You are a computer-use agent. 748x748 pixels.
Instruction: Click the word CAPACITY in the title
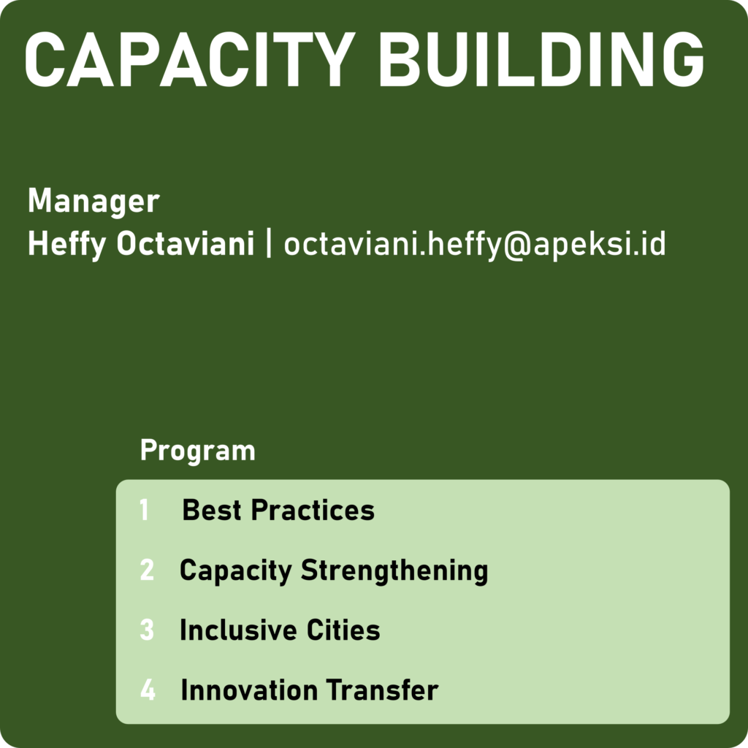[190, 59]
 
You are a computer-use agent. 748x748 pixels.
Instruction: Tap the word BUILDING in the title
[541, 59]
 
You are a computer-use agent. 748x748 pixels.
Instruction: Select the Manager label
[93, 202]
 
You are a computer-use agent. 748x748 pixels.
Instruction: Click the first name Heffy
[67, 245]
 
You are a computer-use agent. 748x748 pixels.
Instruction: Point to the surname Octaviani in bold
[186, 244]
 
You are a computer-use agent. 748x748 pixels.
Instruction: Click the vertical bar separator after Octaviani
[269, 244]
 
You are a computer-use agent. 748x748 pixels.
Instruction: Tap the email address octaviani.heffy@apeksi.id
[475, 245]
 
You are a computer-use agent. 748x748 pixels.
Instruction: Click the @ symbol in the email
[517, 246]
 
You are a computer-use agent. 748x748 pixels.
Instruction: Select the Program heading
[198, 451]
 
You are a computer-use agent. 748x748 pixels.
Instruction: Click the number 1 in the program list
[144, 510]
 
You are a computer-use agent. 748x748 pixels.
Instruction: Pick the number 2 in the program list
[147, 570]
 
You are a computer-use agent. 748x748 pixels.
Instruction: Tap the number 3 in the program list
[147, 630]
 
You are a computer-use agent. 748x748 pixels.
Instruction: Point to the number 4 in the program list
[148, 690]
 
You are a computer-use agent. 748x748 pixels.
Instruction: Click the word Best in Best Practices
[212, 510]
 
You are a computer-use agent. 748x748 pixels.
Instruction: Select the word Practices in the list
[313, 510]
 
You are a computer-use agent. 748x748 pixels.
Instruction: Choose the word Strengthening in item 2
[394, 571]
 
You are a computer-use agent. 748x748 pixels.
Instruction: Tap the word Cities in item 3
[343, 630]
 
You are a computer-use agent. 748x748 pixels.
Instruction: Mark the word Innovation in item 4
[250, 690]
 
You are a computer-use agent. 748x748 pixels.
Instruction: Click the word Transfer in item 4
[382, 690]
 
